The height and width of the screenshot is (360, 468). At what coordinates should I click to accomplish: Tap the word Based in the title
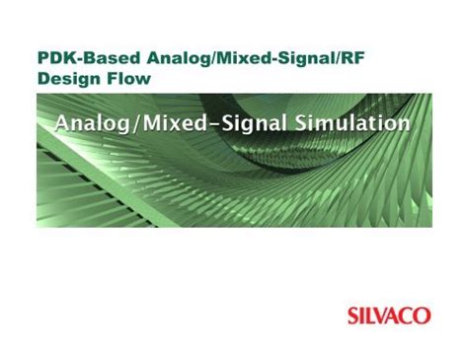coord(106,57)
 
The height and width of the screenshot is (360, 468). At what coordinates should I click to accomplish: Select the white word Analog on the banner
coord(96,124)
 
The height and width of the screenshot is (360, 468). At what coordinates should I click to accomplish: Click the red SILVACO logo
coord(389,317)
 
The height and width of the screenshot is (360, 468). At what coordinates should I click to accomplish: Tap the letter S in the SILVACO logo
coord(353,317)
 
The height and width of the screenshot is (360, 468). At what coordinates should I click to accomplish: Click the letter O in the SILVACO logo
coord(424,317)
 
